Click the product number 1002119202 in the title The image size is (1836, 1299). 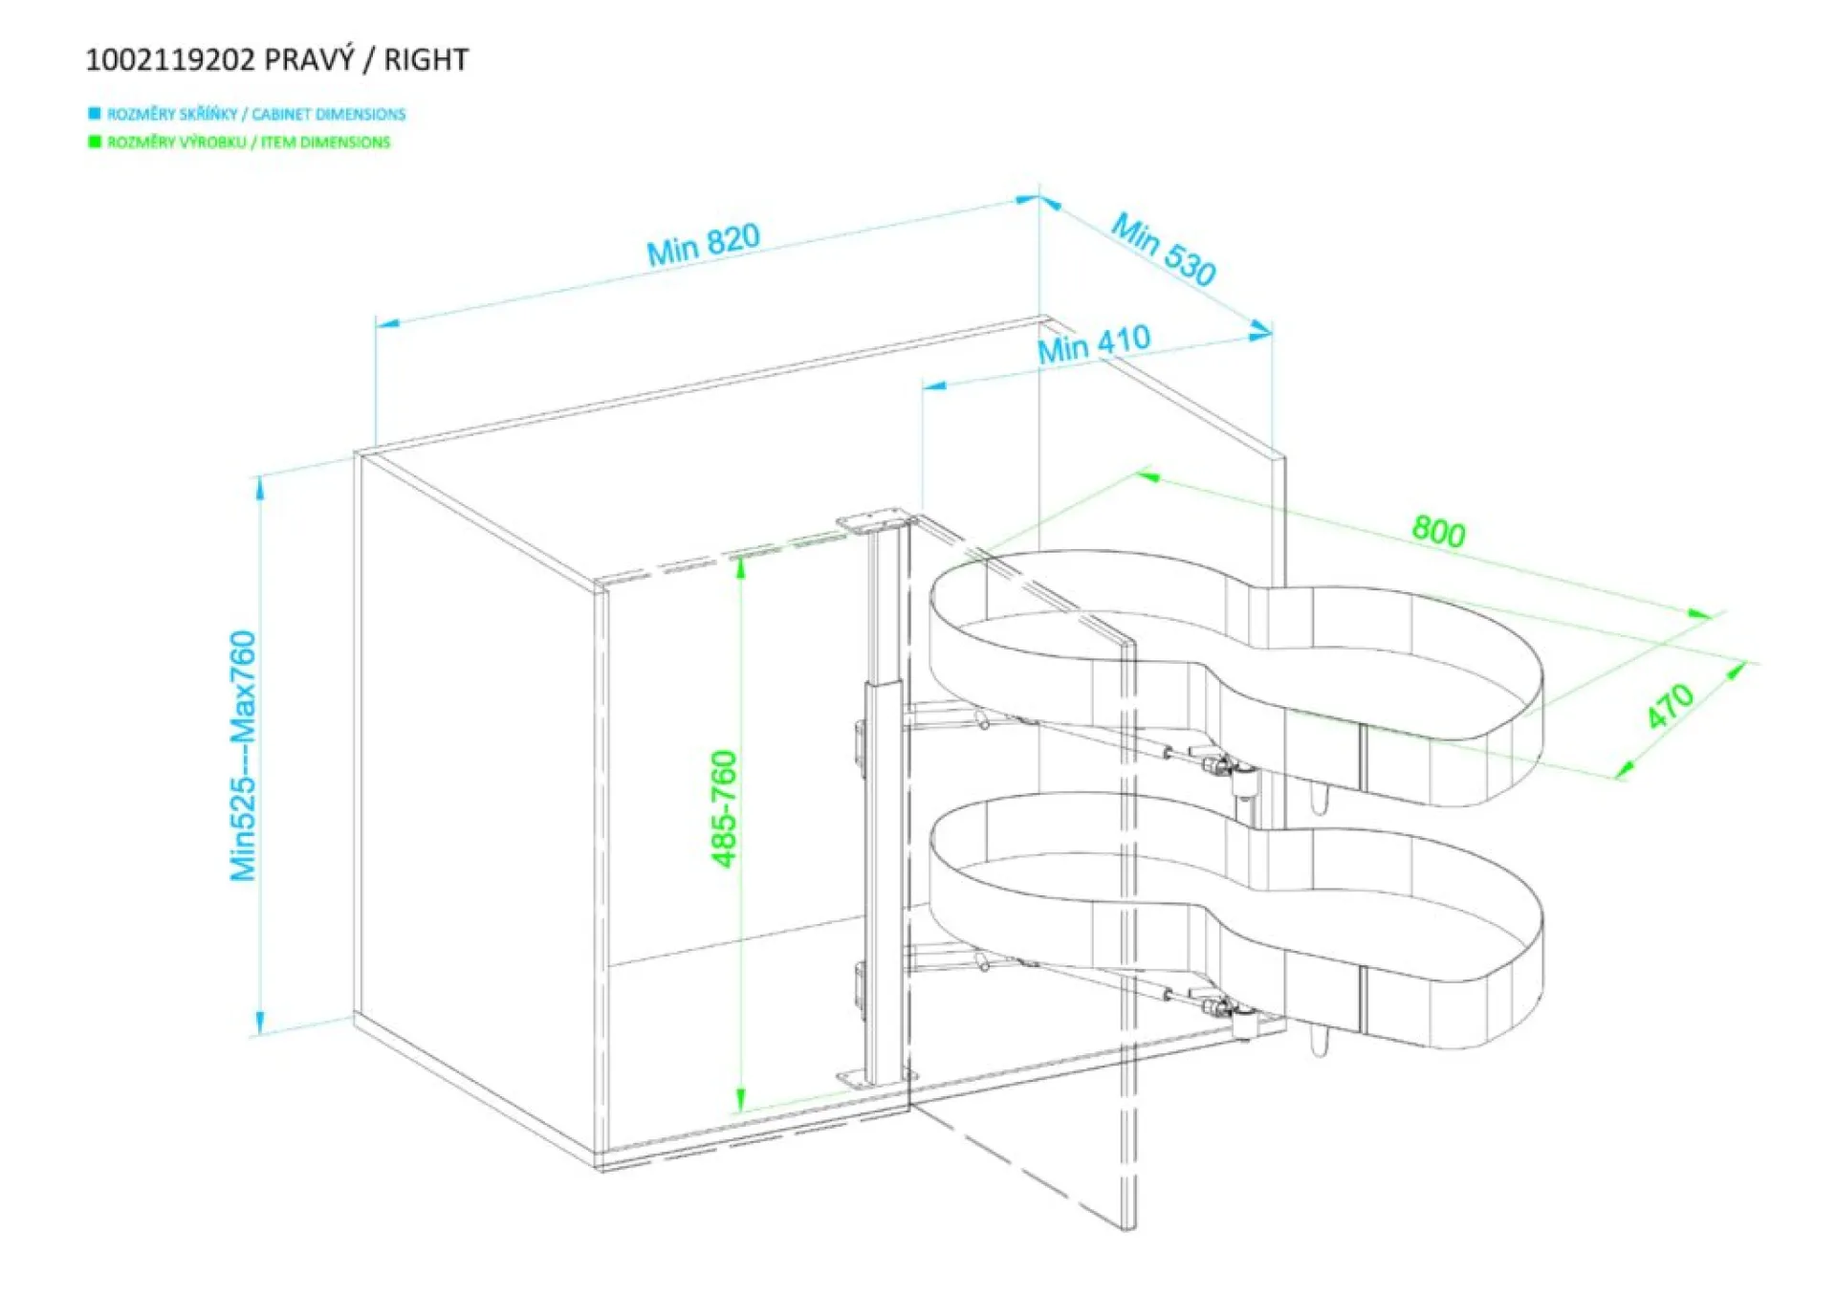[170, 60]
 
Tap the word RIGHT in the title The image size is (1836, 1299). [426, 60]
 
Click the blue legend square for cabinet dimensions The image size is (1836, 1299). [94, 114]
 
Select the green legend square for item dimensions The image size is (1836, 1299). [94, 143]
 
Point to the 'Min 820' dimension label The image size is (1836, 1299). [703, 245]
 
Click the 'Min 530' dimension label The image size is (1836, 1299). [1163, 250]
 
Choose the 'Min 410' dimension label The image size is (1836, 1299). [1094, 345]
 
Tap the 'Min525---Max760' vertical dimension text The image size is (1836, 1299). [243, 756]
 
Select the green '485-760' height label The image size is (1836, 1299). [725, 809]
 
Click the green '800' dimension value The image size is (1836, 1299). [1438, 531]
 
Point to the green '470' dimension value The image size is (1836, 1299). [1670, 706]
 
